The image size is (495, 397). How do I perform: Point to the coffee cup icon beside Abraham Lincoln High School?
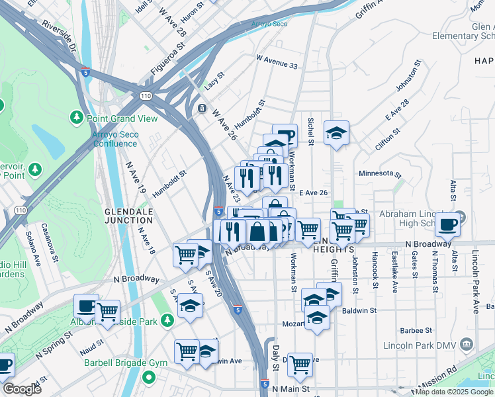coord(447,225)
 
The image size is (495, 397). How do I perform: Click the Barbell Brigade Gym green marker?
coord(149,378)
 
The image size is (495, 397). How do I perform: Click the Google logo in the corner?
coord(21,388)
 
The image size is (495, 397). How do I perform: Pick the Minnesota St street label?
coord(380,173)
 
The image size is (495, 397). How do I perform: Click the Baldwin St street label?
coord(360,310)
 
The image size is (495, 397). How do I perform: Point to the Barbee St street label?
coord(416,330)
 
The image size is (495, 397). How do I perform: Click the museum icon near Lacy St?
coord(202,108)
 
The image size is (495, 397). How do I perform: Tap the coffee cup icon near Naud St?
coord(86,306)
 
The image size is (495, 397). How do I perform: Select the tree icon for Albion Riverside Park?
coord(167,320)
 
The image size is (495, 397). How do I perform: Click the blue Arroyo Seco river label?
coord(269,24)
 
